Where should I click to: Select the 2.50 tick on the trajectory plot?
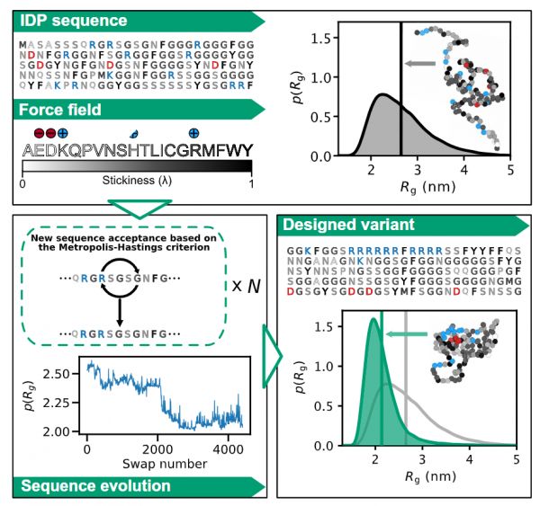[x=63, y=372]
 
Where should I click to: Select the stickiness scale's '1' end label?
[x=251, y=184]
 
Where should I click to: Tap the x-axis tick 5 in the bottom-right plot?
[x=516, y=457]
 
